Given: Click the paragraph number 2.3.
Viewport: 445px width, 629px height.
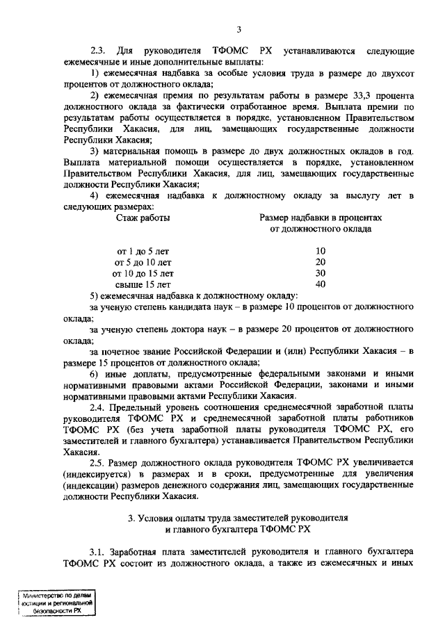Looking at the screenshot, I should click(98, 51).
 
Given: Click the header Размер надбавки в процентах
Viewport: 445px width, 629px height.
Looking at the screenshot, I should click(320, 218).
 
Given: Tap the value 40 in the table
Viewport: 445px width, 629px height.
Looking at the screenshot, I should click(321, 284).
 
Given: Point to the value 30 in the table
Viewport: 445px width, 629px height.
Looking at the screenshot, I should click(321, 273).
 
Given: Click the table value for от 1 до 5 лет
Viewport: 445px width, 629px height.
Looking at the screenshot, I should click(321, 251).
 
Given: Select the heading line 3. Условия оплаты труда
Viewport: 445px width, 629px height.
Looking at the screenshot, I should click(238, 518).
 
